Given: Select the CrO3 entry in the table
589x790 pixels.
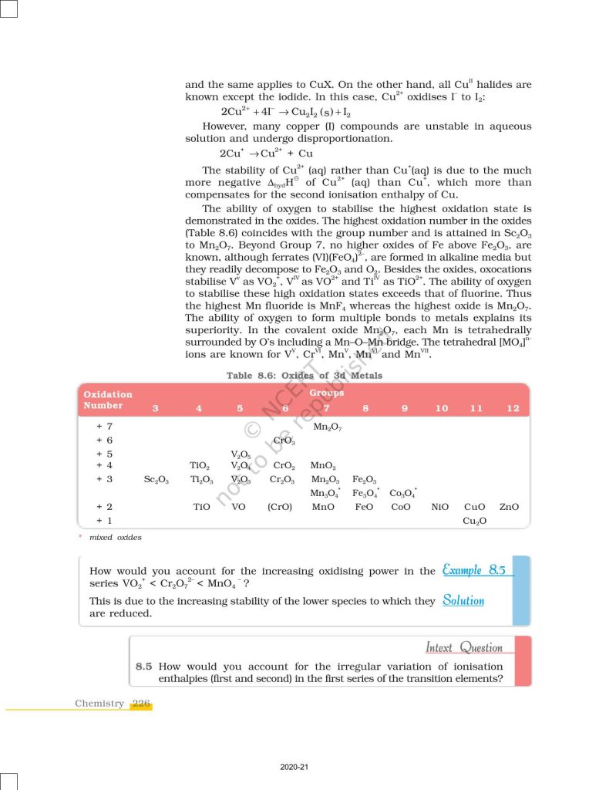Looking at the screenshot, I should click(x=284, y=440).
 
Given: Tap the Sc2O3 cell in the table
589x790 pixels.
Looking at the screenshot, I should click(x=157, y=479).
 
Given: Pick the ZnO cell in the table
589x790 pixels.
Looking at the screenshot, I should click(x=509, y=507).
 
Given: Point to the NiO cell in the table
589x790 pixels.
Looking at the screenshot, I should click(x=440, y=507).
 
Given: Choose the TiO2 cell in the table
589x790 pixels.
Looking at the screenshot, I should click(x=199, y=465).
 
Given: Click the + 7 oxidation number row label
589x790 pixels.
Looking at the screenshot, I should click(x=104, y=426).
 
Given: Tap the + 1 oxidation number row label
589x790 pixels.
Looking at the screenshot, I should click(x=104, y=521).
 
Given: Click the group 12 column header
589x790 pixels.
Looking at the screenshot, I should click(x=513, y=408).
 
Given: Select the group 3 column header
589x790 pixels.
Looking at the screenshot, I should click(x=156, y=408).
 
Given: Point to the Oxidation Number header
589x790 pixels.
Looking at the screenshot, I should click(x=108, y=400).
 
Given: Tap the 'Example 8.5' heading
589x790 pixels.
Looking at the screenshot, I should click(x=474, y=570).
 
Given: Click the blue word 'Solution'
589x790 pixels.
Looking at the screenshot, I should click(x=463, y=600).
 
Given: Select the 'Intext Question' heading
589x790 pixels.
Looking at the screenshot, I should click(x=464, y=647).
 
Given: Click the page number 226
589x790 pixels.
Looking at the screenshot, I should click(x=141, y=703).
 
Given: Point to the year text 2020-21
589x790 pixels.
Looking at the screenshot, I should click(x=294, y=767).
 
